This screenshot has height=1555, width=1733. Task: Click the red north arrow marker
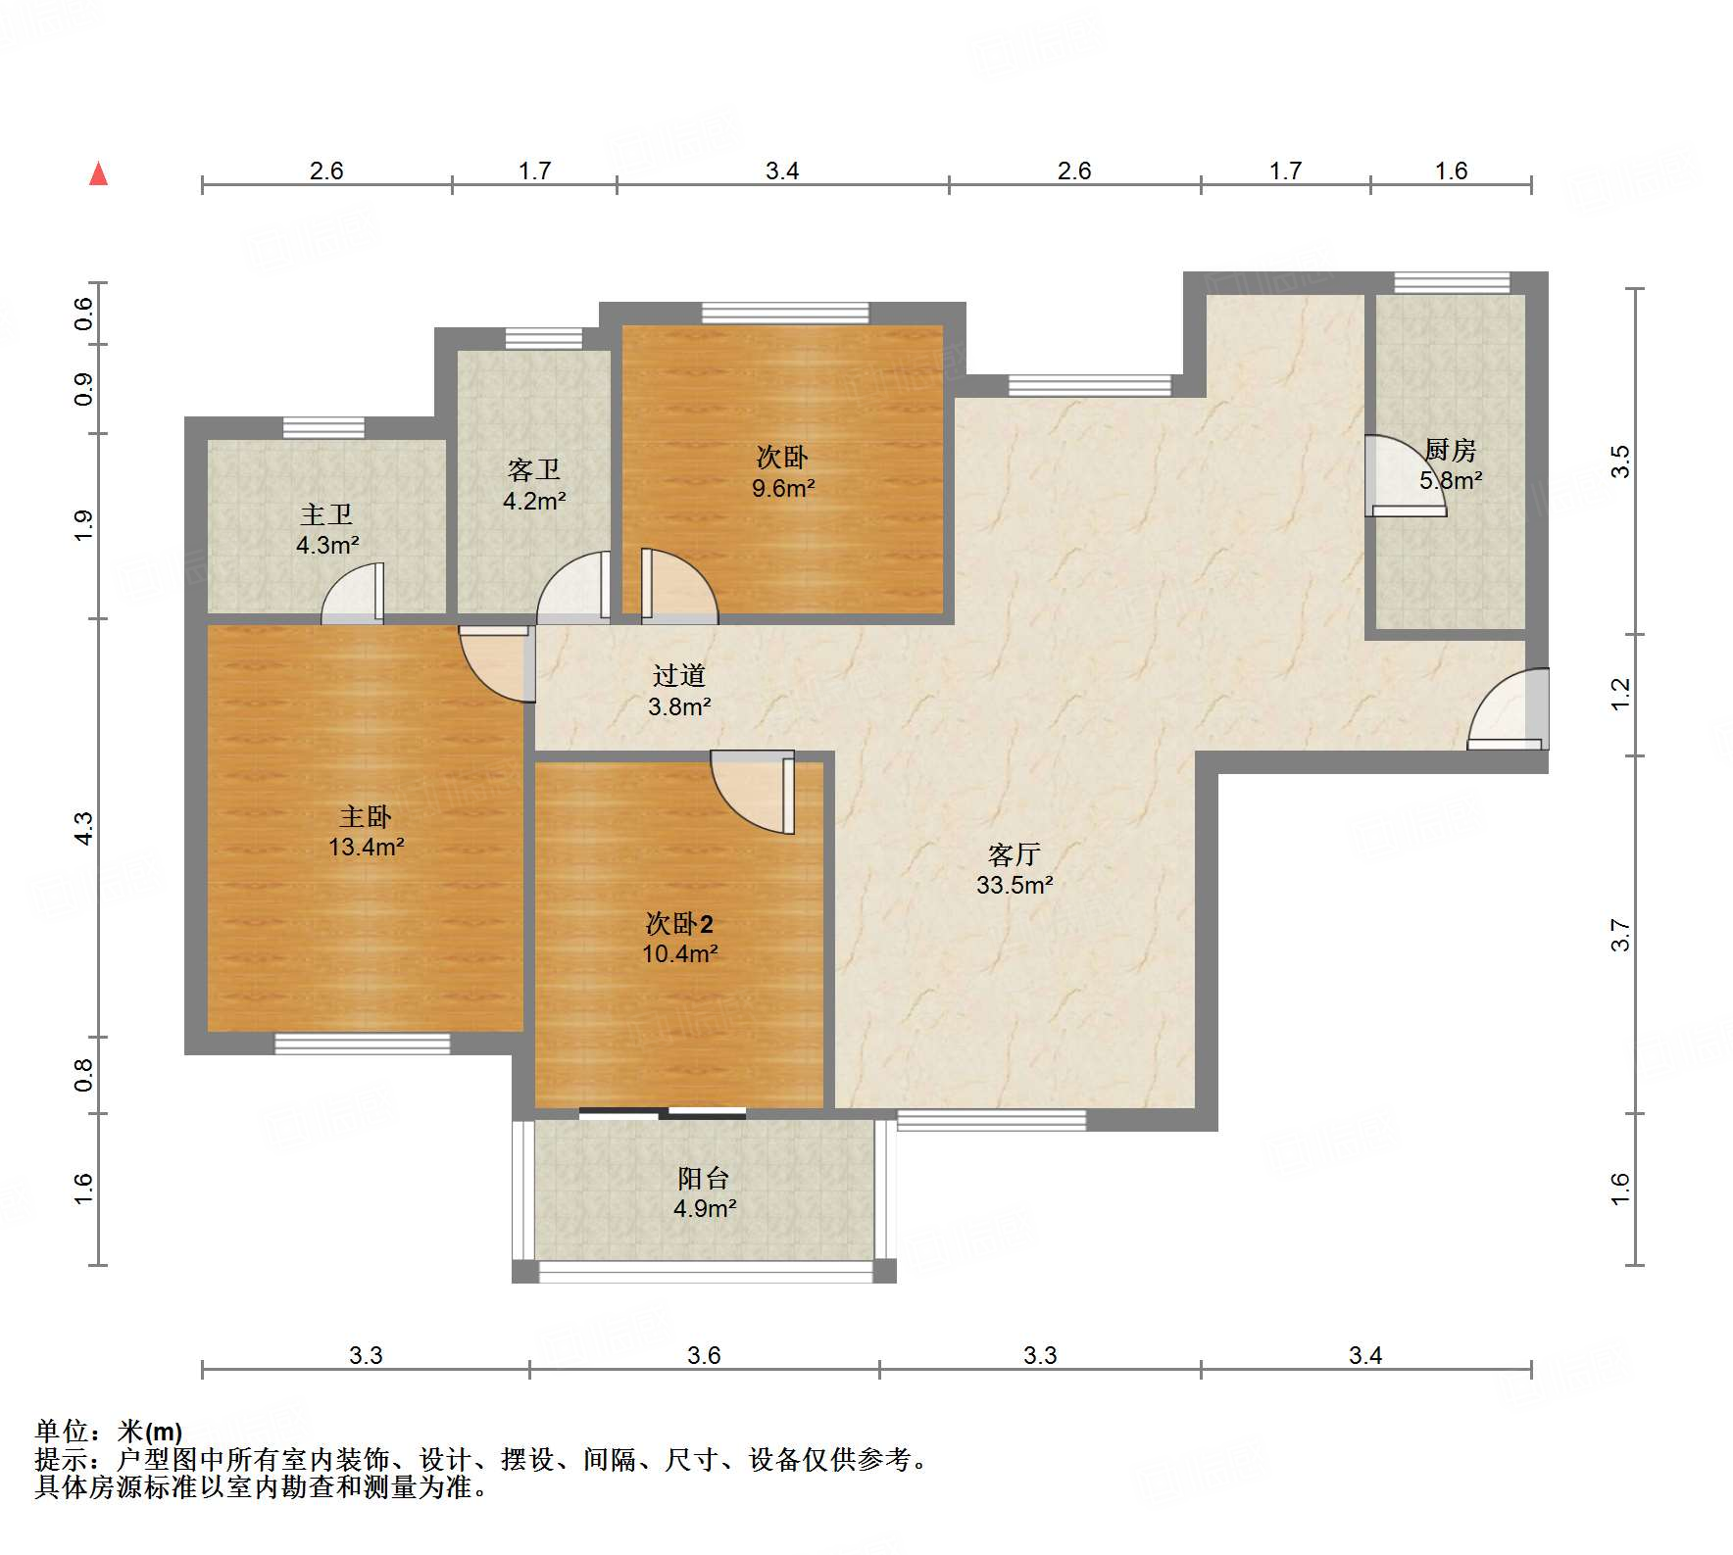[98, 173]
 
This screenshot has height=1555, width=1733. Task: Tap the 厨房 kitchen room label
[1450, 450]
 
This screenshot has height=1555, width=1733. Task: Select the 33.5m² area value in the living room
[1015, 885]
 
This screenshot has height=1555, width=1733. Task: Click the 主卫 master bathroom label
[326, 514]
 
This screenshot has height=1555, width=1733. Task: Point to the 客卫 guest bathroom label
[534, 470]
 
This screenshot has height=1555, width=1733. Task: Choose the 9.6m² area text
[783, 488]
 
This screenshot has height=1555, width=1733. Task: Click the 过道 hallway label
[679, 675]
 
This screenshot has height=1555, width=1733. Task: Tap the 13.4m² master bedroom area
[367, 847]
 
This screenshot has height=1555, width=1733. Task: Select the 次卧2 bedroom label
[679, 923]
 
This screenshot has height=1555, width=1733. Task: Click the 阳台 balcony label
[704, 1178]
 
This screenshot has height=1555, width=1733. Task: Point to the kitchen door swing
[1406, 475]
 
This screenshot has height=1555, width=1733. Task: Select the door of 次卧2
[753, 792]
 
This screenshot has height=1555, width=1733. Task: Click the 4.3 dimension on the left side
[84, 828]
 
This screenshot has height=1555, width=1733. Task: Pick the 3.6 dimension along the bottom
[704, 1355]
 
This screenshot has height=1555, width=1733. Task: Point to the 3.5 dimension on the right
[1621, 462]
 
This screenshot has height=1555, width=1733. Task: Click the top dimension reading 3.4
[782, 171]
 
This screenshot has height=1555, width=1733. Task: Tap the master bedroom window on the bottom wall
[362, 1044]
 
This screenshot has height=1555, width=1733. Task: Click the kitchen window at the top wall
[1452, 282]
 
